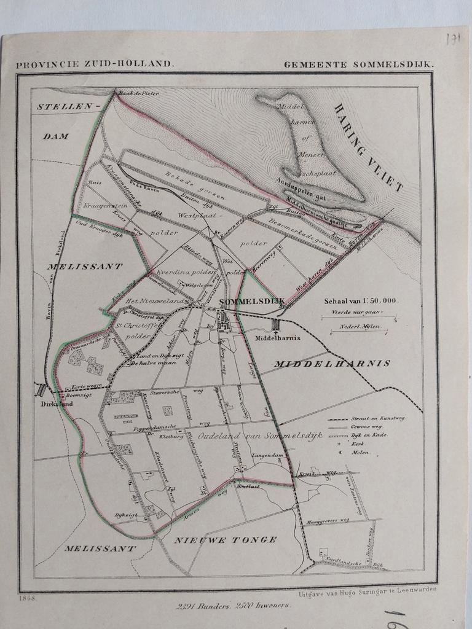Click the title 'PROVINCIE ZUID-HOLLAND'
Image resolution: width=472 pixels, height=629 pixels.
[x=95, y=63]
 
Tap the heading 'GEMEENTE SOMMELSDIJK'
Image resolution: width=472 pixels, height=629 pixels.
[x=359, y=64]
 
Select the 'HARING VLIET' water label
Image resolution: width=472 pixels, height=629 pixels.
[x=368, y=147]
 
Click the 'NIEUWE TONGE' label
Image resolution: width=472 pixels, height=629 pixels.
[x=225, y=540]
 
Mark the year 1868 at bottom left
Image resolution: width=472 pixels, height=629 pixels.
[x=28, y=597]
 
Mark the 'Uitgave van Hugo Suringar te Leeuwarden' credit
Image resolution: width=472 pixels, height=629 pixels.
[x=368, y=593]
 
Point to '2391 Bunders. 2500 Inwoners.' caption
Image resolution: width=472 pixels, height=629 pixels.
[x=232, y=605]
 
